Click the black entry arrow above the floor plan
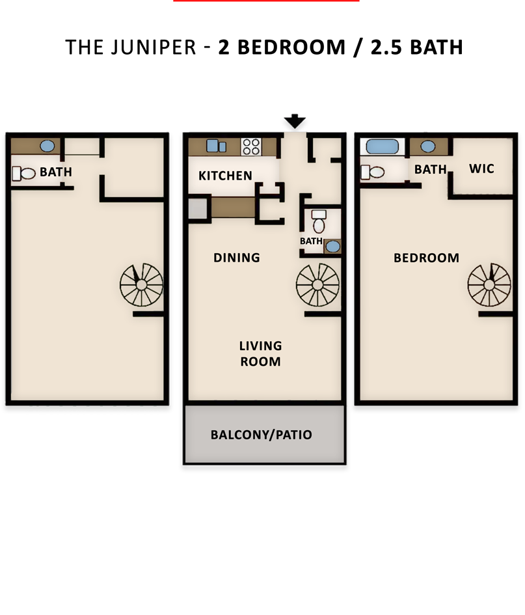[295, 122]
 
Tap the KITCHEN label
[226, 176]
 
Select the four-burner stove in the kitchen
[251, 147]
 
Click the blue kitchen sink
[216, 146]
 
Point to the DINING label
[237, 258]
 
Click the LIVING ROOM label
[261, 353]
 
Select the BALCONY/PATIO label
[262, 435]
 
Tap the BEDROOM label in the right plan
[427, 258]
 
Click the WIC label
[481, 169]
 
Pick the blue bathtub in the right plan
[383, 146]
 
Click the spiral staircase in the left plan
[142, 285]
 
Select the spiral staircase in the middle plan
[317, 285]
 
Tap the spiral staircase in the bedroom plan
[489, 285]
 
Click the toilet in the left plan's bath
[23, 173]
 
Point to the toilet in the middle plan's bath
[319, 222]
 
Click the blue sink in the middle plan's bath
[333, 246]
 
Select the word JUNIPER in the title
[154, 48]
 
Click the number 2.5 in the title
[386, 48]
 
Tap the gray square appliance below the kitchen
[198, 208]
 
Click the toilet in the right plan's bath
[372, 172]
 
